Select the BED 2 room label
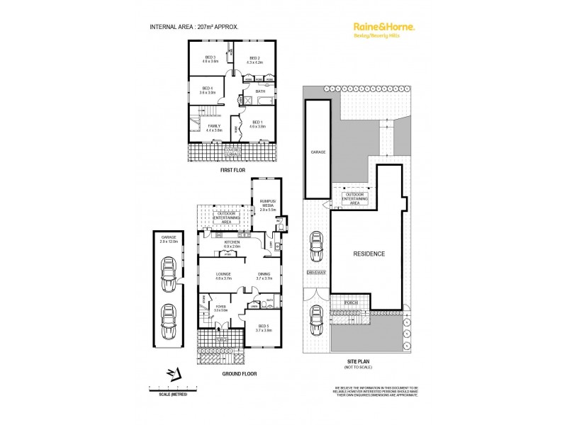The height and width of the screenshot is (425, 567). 254,59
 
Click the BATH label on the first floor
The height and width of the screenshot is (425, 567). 260,91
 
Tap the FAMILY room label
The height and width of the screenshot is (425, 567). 214,128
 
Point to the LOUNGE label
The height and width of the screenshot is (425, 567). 214,274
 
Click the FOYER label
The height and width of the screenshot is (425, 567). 220,308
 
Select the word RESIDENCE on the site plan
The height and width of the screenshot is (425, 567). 369,253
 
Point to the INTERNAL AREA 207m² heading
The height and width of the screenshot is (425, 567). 193,26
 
